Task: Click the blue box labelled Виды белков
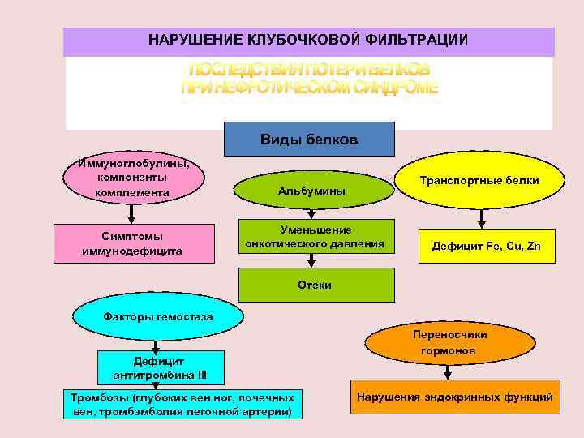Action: click(308, 139)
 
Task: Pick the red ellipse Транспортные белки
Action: click(479, 181)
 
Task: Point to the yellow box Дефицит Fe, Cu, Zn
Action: click(486, 246)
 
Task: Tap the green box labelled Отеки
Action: click(315, 285)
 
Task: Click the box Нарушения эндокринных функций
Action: click(454, 397)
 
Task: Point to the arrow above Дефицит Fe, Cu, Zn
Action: click(483, 217)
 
